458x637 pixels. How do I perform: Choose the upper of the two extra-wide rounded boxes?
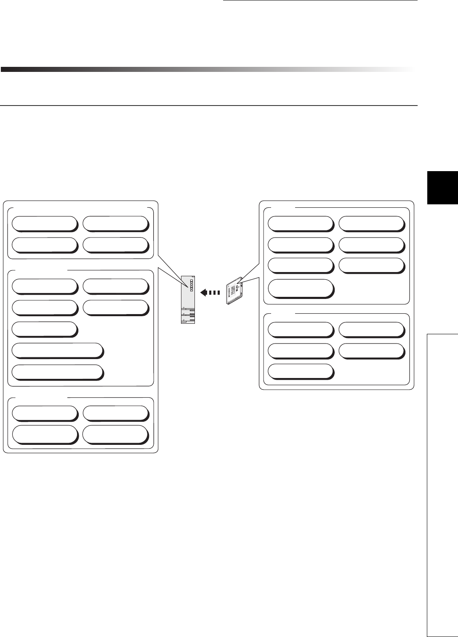point(57,350)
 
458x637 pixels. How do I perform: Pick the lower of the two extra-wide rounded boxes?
point(57,372)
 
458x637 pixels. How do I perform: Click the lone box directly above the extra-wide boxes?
point(45,329)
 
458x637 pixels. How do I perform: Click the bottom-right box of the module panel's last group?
point(116,434)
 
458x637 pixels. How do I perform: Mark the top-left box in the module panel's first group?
point(45,223)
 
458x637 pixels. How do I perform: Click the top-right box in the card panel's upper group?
point(372,224)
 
